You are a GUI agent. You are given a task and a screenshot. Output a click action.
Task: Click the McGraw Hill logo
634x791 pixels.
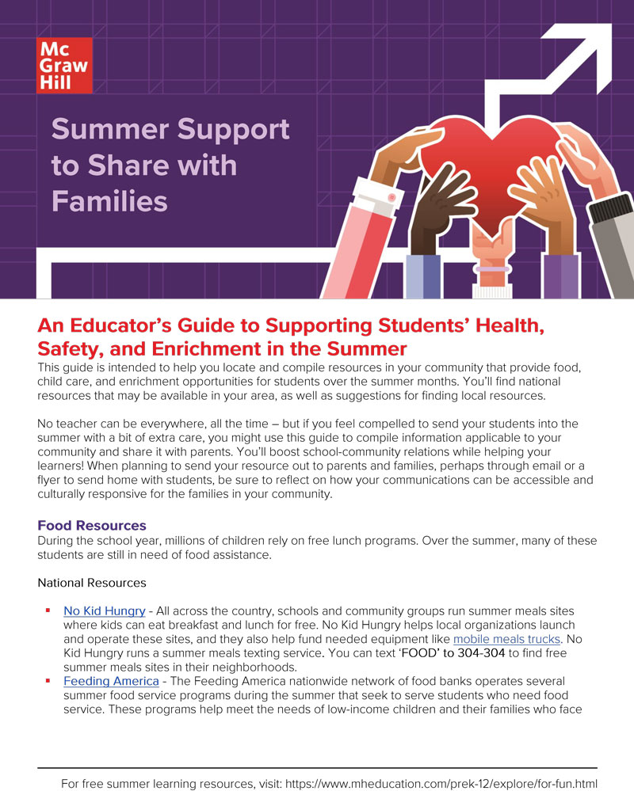[x=64, y=65]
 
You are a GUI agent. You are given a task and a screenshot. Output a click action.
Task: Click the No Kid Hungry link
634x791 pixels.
[x=104, y=610]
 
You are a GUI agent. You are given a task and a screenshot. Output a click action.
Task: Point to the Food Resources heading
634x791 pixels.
[x=91, y=526]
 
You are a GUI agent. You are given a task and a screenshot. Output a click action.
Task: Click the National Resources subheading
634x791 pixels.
[x=92, y=583]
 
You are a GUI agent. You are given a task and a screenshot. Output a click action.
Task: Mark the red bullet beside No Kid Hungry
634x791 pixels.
[x=48, y=610]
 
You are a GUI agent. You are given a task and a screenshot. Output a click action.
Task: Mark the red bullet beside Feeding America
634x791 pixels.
[x=48, y=680]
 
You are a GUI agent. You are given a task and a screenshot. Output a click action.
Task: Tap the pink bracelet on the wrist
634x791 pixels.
[x=492, y=270]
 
